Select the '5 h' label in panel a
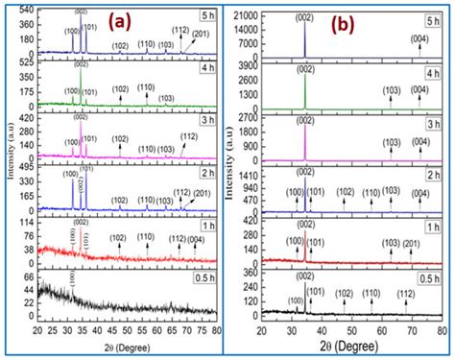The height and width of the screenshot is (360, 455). coord(204,15)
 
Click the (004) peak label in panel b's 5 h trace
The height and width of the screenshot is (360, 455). coord(419,38)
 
